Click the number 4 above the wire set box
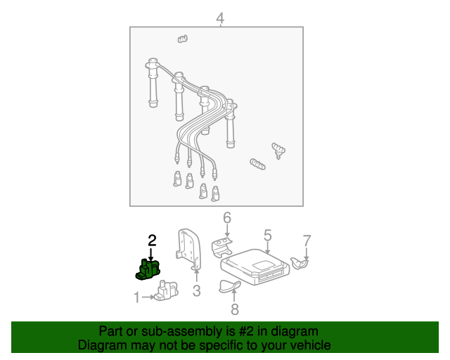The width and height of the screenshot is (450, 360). pos(220,18)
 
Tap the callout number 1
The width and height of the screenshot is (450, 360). pos(136,297)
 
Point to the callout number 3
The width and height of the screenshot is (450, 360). pos(197,291)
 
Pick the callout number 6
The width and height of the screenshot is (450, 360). pos(226,218)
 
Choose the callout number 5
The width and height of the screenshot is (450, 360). pos(267,235)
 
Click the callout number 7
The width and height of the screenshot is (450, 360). pos(306,241)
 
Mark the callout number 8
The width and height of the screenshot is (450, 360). pos(234,308)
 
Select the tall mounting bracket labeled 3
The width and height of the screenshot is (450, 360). pos(188,248)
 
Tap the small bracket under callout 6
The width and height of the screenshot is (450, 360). pos(224,245)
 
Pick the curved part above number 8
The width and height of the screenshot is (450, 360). pos(229,285)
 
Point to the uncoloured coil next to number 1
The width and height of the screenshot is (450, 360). pos(165,291)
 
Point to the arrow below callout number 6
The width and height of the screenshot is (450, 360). pos(226,231)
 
